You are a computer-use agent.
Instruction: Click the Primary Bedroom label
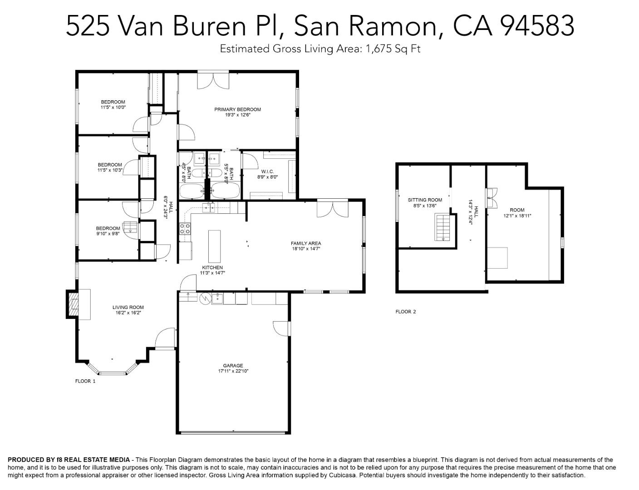(237, 109)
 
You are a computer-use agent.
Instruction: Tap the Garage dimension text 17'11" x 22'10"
(233, 371)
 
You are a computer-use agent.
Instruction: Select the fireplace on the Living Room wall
(73, 304)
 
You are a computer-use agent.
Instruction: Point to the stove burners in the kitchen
(185, 229)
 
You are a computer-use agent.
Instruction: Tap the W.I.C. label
(267, 171)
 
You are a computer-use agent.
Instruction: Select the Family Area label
(305, 243)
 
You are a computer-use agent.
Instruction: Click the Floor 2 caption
(405, 312)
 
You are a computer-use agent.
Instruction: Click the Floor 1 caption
(85, 381)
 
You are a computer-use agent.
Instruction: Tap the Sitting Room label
(424, 200)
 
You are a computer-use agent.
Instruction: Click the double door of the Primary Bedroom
(213, 80)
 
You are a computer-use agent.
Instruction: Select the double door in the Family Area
(333, 208)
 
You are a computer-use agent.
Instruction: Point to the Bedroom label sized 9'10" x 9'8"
(108, 228)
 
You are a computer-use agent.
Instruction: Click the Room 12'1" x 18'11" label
(517, 210)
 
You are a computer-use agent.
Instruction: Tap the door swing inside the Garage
(281, 328)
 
